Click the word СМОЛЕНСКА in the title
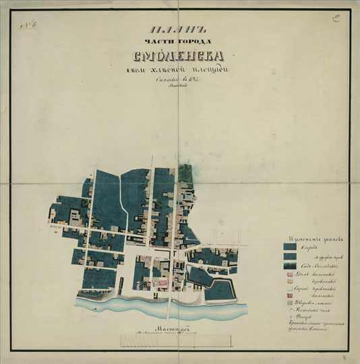pos(181,57)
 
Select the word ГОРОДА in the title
pos(196,42)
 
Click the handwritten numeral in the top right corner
pos(334,19)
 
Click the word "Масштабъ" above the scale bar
pos(179,325)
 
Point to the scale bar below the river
pos(179,340)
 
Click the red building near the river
pos(161,284)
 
